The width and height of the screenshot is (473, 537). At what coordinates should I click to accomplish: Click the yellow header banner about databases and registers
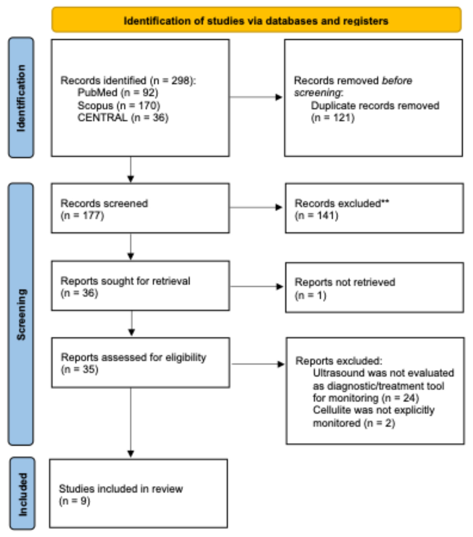point(256,20)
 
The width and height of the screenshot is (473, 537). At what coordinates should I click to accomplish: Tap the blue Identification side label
point(21,98)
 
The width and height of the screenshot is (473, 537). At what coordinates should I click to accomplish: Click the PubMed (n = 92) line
point(118,93)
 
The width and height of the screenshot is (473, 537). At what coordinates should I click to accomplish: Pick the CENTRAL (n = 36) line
point(123,117)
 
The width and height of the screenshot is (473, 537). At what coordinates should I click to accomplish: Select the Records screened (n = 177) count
point(82,215)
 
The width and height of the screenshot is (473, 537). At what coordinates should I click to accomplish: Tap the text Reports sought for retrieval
point(125,281)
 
